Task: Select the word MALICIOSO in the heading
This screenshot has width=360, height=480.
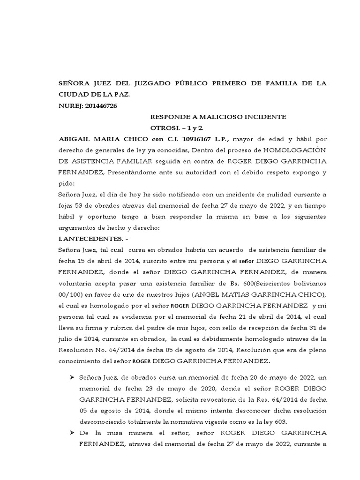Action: tap(210, 117)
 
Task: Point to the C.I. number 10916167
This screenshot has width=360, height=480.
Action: tap(192, 139)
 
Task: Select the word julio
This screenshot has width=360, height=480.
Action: tap(66, 340)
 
